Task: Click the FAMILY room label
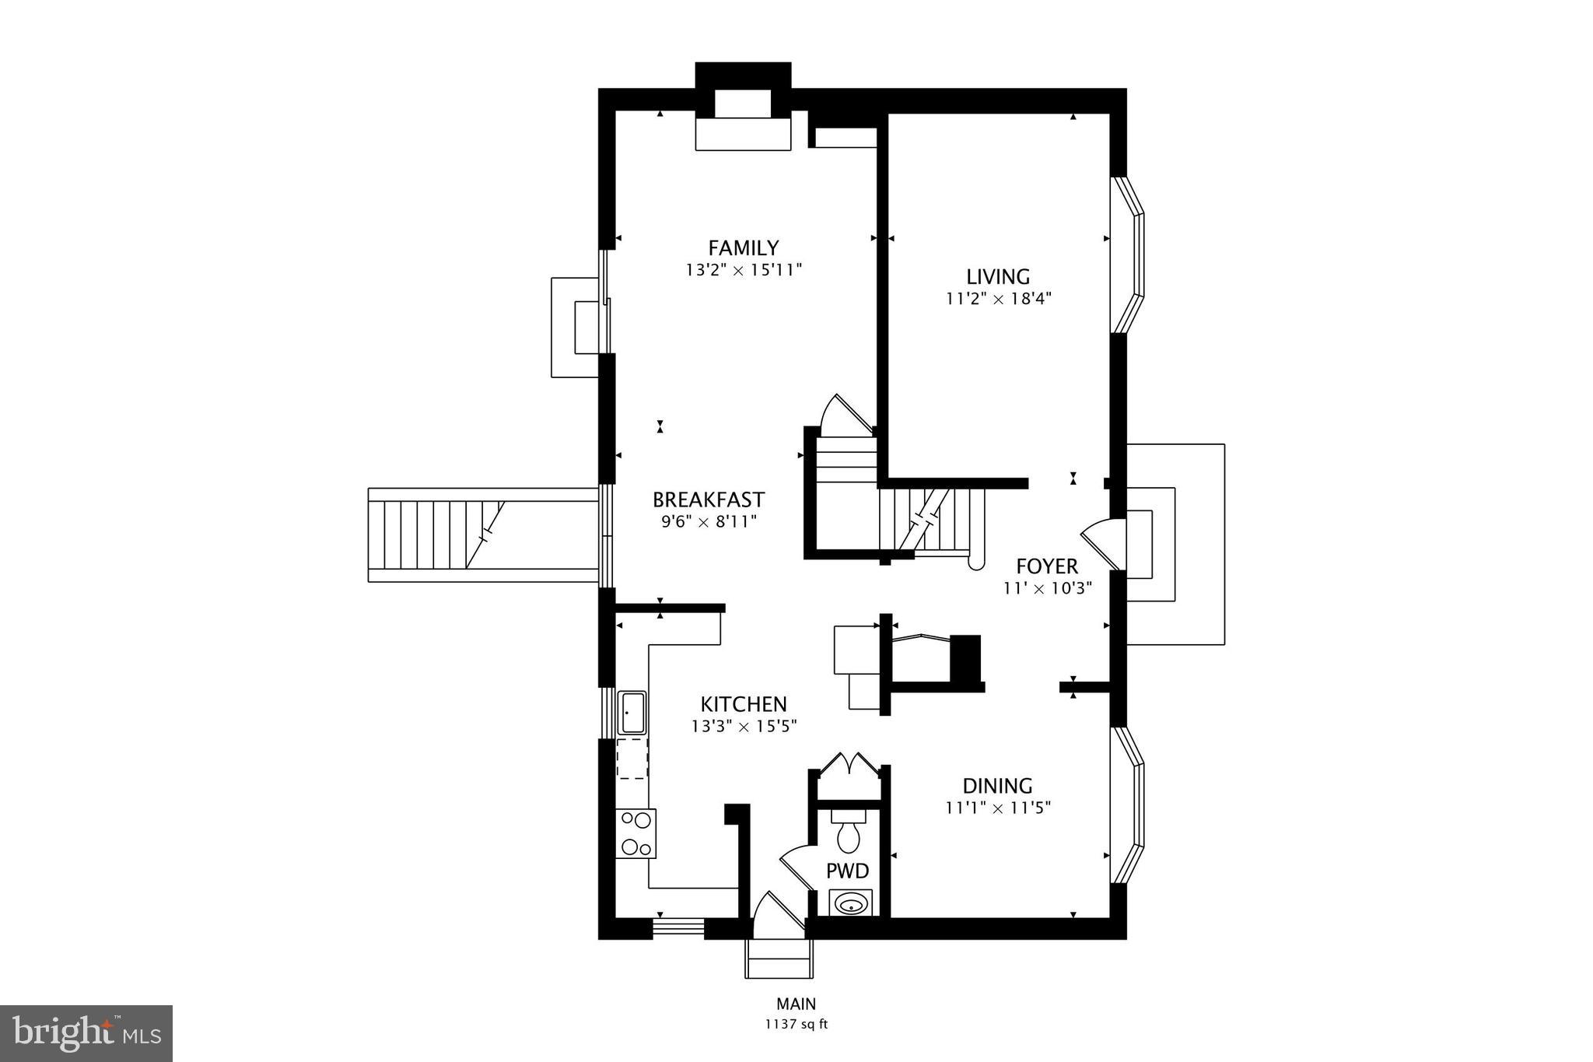click(743, 247)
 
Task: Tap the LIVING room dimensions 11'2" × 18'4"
click(999, 298)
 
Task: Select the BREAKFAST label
click(708, 499)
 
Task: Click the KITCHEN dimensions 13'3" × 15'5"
click(744, 726)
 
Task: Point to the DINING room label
click(997, 786)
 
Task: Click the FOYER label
click(1047, 566)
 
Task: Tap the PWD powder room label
click(847, 871)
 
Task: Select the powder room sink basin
click(851, 904)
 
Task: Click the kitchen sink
click(632, 713)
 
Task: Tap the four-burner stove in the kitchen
click(635, 833)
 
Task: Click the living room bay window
click(1128, 255)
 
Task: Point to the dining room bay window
click(1128, 805)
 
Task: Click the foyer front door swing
click(1103, 542)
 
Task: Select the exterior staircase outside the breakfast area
click(436, 535)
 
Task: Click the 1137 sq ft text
click(796, 1024)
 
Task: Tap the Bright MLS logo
click(86, 1033)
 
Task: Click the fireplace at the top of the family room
click(743, 117)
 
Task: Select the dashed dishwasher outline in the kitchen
click(632, 759)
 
